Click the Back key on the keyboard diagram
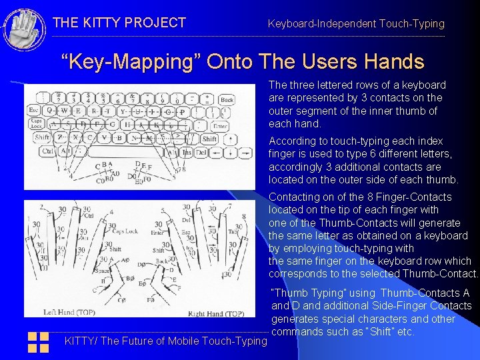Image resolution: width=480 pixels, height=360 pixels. pos(227,99)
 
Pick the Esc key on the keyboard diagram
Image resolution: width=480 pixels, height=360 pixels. pos(33,111)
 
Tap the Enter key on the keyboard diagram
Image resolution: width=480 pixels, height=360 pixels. pos(220,125)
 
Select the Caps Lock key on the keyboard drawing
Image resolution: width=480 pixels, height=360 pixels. pos(35,125)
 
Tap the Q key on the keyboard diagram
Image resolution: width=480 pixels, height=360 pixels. pos(50,111)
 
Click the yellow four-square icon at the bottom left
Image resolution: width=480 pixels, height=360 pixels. pos(39,342)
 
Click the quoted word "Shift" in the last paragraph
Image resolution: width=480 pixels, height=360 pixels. pos(379,331)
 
